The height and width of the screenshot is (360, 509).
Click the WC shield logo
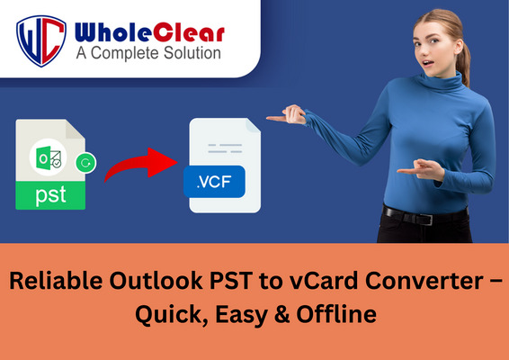41,40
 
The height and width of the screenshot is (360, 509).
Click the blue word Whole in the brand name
113,32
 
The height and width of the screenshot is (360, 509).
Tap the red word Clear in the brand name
189,32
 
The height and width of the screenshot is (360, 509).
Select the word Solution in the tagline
192,53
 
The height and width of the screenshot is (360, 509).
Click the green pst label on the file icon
50,195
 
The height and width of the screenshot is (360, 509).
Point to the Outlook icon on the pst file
48,157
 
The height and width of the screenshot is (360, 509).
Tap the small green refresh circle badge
85,163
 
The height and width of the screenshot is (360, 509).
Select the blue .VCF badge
214,182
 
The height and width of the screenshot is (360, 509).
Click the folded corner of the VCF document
254,125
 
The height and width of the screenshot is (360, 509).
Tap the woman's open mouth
428,63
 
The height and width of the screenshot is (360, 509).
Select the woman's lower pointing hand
420,169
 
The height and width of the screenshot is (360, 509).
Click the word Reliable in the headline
56,281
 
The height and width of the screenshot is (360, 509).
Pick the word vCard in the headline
325,281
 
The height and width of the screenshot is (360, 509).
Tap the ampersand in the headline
281,314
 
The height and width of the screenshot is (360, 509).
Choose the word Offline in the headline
336,314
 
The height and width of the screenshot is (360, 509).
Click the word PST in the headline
231,281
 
